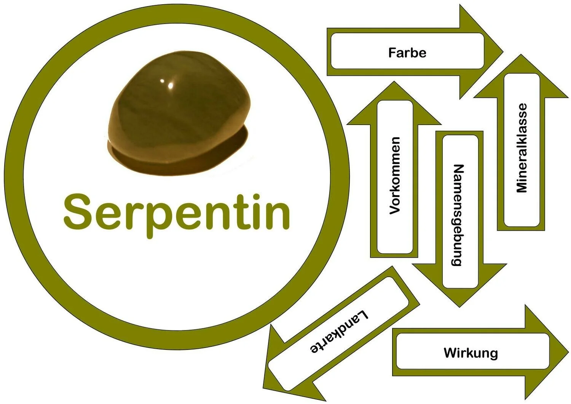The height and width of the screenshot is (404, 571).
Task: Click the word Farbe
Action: [x=407, y=52]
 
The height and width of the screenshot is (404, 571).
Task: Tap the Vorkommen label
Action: [x=395, y=175]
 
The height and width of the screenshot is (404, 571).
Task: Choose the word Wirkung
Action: [x=471, y=353]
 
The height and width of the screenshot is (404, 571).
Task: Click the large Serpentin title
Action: [x=177, y=212]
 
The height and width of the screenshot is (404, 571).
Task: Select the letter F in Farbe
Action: [x=392, y=52]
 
